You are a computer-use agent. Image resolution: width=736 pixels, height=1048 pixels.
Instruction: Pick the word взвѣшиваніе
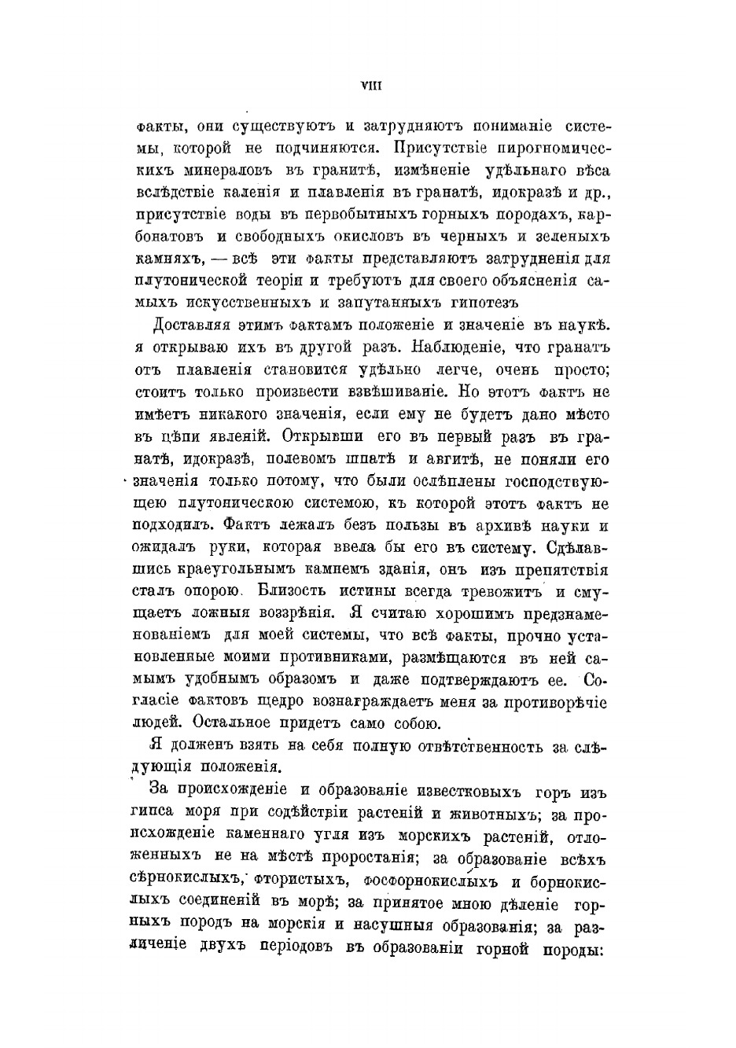tap(408, 391)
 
